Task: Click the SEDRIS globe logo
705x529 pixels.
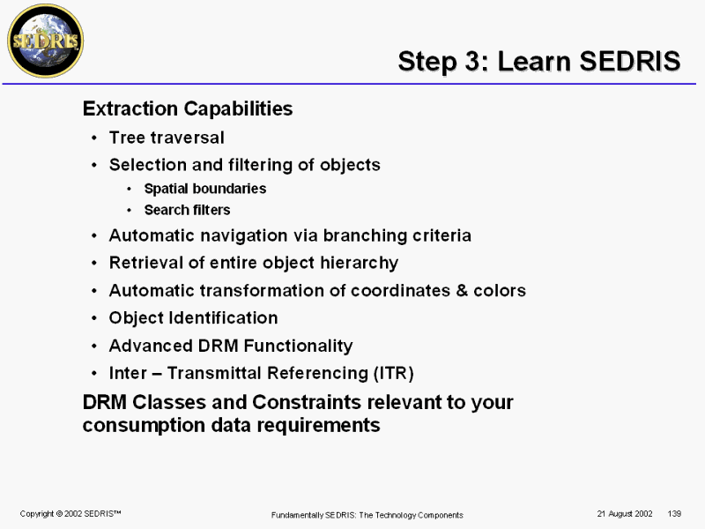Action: [46, 41]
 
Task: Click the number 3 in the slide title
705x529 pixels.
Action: [473, 61]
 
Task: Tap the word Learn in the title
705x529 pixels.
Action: [534, 61]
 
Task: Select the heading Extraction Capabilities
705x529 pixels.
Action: [188, 108]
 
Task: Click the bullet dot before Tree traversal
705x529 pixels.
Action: [94, 138]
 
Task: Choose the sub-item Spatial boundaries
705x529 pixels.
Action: [205, 189]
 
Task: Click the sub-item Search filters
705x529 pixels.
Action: [187, 210]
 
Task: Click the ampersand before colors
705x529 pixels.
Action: [462, 291]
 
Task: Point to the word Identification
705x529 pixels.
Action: [224, 318]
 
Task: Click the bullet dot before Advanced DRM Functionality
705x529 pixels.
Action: [94, 346]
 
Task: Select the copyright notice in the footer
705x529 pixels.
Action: [70, 513]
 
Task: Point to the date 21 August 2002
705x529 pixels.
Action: [625, 514]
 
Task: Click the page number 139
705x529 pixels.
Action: [674, 513]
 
